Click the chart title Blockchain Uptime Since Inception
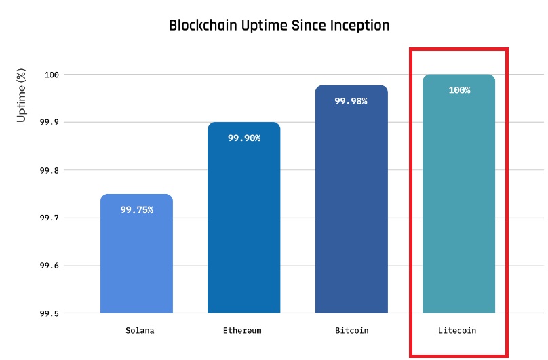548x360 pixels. point(279,26)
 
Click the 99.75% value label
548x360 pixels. point(136,209)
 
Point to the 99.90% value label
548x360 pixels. point(243,138)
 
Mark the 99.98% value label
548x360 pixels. point(351,101)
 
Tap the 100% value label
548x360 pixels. point(459,89)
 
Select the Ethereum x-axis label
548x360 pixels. point(242,331)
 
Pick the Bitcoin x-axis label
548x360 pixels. point(351,331)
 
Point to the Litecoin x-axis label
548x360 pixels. point(457,331)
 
